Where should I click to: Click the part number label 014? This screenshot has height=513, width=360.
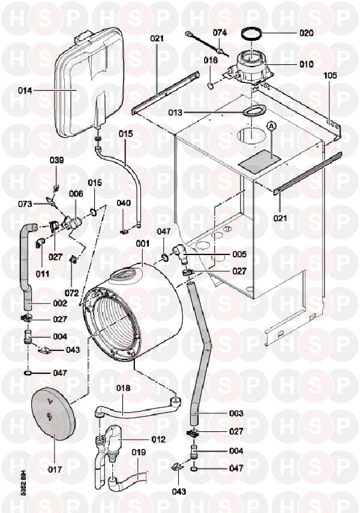click(x=25, y=91)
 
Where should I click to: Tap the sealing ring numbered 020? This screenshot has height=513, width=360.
click(x=253, y=33)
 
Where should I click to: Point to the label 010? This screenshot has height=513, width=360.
click(x=307, y=64)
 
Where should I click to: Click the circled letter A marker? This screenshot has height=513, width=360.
click(x=271, y=125)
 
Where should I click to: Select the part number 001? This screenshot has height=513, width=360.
click(x=142, y=244)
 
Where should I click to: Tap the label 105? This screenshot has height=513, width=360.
click(x=330, y=76)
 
